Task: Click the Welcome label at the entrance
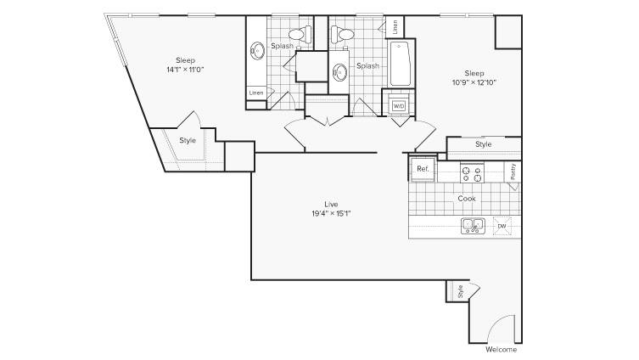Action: tap(501, 350)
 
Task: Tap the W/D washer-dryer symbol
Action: tap(398, 106)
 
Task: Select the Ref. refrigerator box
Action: tap(423, 169)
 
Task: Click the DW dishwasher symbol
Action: tap(502, 226)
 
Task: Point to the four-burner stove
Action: tap(472, 173)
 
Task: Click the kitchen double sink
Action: tap(473, 226)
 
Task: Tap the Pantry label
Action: tap(513, 172)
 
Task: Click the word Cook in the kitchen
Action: tap(467, 199)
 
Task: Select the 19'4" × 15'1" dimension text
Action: tap(331, 213)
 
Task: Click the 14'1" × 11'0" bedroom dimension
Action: tap(185, 70)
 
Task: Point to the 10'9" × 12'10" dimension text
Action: tap(474, 82)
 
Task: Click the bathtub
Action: tap(401, 64)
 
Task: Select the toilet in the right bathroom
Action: tap(341, 34)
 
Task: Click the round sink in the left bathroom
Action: tap(258, 51)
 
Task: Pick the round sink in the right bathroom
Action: tap(339, 72)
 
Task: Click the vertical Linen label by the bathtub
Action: tap(395, 27)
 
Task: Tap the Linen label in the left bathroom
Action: tap(256, 93)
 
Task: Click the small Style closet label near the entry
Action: tap(460, 291)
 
